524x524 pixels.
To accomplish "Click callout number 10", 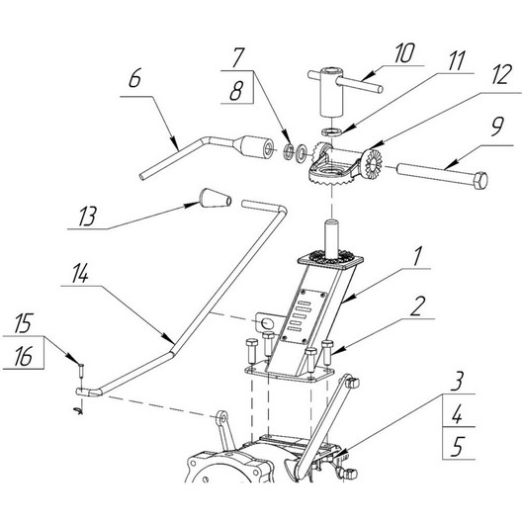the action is pos(404,52).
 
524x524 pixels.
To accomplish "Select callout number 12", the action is pos(501,74).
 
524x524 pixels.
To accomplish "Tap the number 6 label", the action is pos(135,78).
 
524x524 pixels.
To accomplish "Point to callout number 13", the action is pos(88,217).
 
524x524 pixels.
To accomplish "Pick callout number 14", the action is pos(80,275).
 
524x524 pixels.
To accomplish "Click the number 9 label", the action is pos(496,127).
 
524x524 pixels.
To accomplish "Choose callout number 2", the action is pos(417,306).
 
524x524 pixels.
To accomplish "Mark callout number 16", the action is pos(23,356).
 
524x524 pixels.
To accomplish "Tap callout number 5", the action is pos(458,447).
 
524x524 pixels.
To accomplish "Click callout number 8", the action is pos(236,91).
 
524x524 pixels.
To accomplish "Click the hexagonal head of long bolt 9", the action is pos(480,180).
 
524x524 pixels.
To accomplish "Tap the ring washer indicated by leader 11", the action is pos(332,131).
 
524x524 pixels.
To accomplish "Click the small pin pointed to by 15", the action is pos(82,371).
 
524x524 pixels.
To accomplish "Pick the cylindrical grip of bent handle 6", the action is pos(254,147).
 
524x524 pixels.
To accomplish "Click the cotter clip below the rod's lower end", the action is pos(78,410).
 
